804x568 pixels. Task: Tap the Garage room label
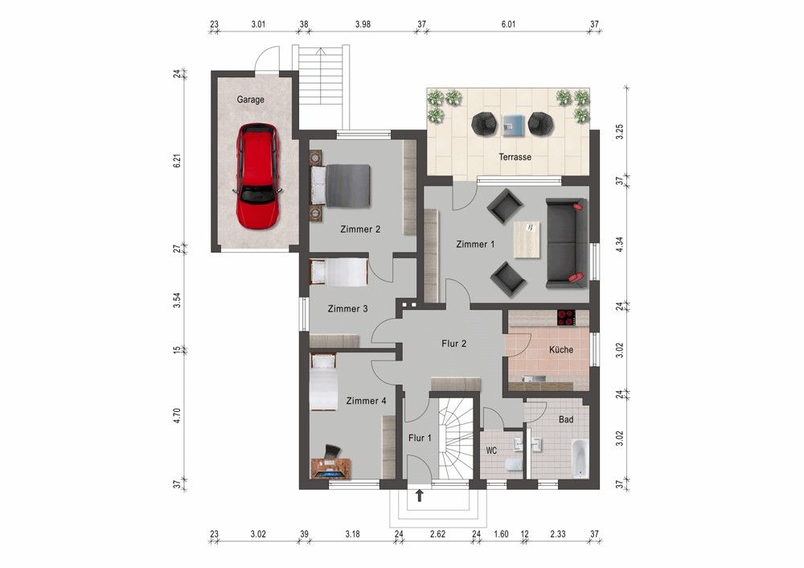250,101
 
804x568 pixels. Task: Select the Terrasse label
515,158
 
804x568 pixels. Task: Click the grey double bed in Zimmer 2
341,184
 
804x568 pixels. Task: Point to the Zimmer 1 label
475,245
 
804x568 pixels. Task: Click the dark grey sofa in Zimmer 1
566,242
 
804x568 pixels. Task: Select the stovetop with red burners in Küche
566,318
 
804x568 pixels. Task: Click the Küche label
560,351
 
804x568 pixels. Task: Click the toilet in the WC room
511,466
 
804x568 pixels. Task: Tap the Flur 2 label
454,344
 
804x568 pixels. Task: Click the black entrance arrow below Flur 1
420,496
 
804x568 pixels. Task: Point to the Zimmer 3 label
348,309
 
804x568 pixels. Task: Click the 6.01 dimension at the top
508,25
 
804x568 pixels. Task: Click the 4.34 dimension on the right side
619,245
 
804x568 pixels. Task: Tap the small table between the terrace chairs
512,123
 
